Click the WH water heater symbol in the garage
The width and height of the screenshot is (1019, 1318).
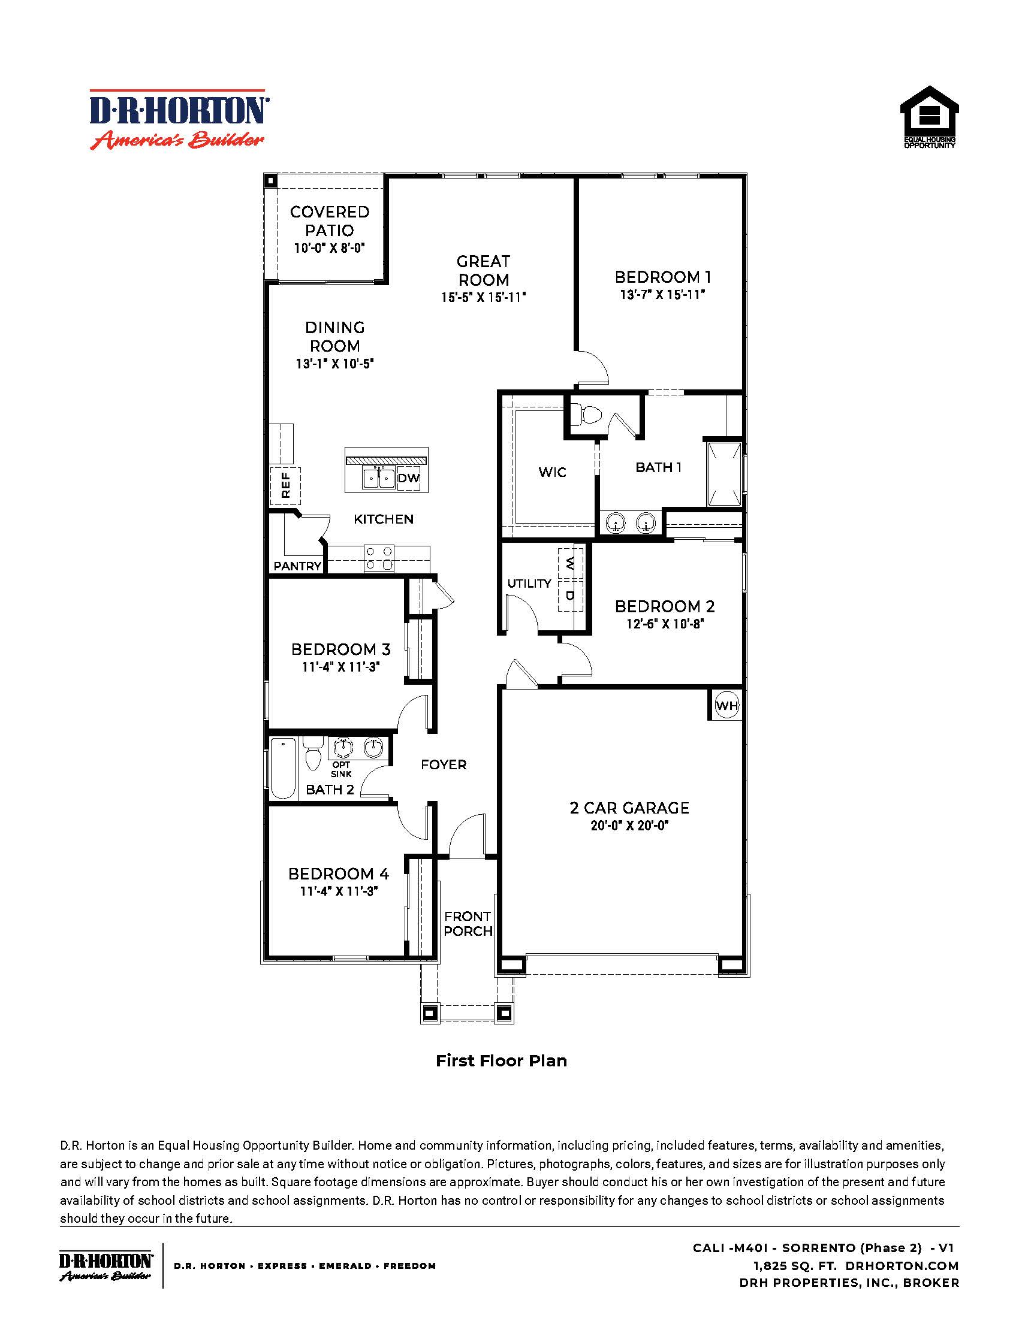(x=726, y=705)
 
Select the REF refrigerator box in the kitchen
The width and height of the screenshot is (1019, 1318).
(x=285, y=485)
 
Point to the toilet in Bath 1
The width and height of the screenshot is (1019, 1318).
(x=586, y=415)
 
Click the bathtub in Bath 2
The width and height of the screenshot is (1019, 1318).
(x=282, y=767)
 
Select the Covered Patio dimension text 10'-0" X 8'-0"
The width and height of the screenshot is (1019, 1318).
(x=330, y=248)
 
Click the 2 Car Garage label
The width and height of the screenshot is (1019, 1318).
(x=629, y=808)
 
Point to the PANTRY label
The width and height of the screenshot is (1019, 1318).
(x=297, y=566)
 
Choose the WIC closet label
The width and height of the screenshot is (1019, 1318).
(x=553, y=472)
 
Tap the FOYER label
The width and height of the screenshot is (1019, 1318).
(x=444, y=764)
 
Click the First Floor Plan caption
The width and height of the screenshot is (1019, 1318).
(x=501, y=1060)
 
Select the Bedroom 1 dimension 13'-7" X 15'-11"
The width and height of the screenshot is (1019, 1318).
(x=663, y=295)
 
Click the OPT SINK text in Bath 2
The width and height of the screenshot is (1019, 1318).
(x=341, y=769)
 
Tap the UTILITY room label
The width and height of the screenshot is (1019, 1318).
(x=529, y=584)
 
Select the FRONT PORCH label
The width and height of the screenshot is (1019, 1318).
(x=468, y=923)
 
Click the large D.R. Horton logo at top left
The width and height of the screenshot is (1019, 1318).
(x=179, y=119)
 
